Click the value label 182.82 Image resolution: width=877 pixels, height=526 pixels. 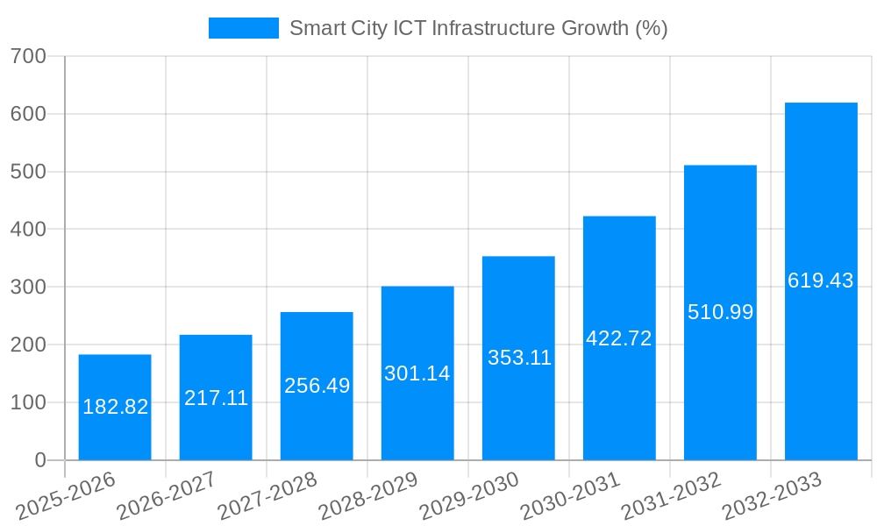coord(115,407)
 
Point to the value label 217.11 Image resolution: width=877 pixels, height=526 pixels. coord(216,398)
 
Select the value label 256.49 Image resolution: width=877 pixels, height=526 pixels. coord(317,386)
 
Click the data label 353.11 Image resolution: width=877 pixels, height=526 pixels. coord(518,358)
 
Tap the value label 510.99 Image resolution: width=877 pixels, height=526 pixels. coord(720,312)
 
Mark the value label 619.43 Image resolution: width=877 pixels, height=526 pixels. coord(821,281)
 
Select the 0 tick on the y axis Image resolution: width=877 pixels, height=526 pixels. coord(39,460)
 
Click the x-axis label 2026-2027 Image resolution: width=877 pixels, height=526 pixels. coord(167,497)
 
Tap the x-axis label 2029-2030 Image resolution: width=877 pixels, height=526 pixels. coord(469,497)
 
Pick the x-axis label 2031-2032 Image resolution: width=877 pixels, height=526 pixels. coord(671,497)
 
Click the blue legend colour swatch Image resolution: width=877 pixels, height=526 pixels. coord(243,28)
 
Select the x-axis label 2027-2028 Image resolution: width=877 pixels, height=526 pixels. coord(267,497)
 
